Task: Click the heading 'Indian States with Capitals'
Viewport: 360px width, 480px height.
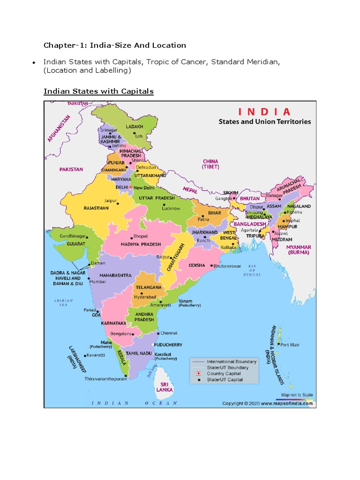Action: [x=98, y=91]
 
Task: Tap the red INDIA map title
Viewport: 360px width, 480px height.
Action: [x=264, y=112]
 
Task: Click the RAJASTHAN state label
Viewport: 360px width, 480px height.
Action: [x=96, y=208]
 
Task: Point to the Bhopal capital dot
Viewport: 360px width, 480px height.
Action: [x=131, y=236]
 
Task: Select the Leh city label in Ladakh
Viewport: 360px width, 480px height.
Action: [x=139, y=136]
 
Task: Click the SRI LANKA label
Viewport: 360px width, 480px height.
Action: [x=165, y=386]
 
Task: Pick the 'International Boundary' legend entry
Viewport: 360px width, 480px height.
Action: [x=232, y=361]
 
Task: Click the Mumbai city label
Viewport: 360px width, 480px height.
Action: [x=98, y=282]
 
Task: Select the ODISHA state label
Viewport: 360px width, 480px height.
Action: [x=197, y=265]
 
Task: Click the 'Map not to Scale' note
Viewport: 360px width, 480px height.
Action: [x=297, y=395]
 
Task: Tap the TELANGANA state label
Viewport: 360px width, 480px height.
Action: [x=149, y=287]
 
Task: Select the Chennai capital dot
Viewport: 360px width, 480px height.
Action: [x=158, y=333]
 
